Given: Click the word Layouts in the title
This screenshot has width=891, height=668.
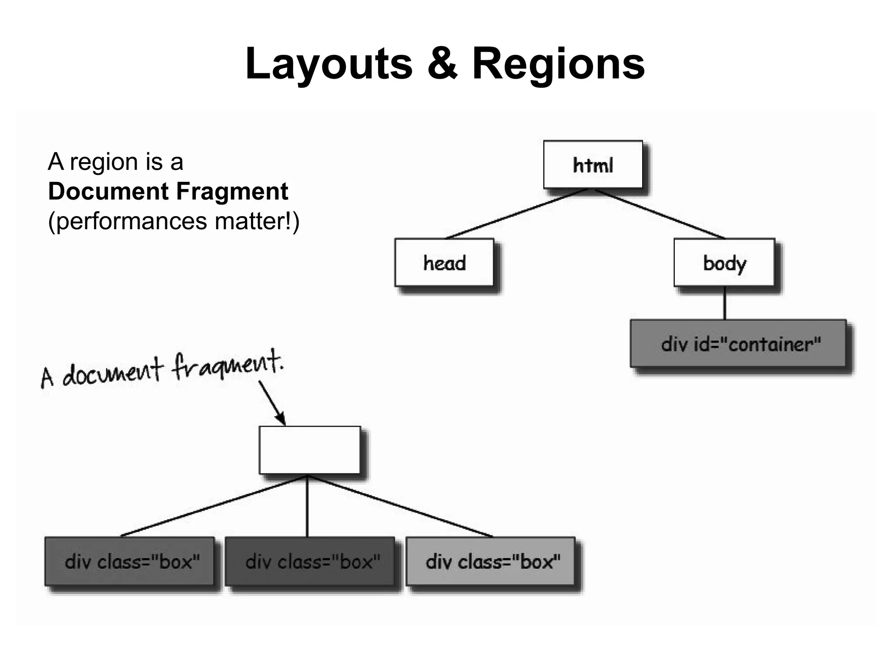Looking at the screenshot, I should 328,64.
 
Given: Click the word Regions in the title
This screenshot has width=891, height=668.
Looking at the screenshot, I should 558,64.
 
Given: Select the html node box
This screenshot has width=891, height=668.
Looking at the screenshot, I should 593,164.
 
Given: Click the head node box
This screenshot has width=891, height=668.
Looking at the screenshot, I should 444,262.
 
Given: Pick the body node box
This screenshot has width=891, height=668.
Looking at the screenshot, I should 724,262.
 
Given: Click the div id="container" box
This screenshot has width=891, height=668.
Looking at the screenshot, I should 738,344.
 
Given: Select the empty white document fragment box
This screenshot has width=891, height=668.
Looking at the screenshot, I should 310,450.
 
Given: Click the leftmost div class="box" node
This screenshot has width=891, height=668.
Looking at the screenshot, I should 130,561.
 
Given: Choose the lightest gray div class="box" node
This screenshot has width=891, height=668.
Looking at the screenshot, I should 491,561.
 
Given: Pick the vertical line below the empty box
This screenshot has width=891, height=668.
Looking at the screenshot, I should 307,507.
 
